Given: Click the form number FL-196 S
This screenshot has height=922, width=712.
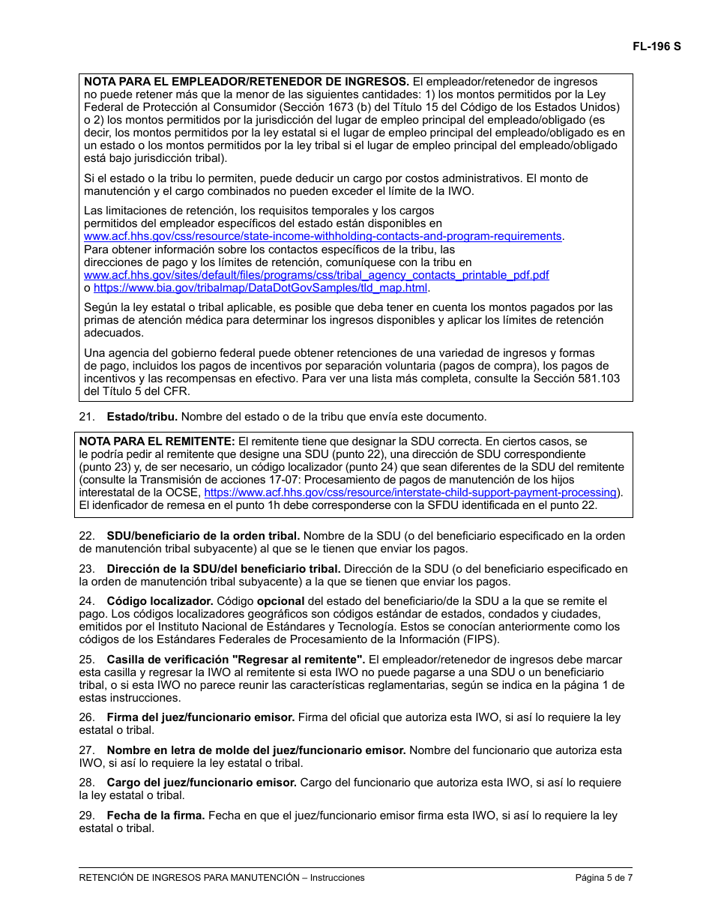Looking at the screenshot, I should [x=657, y=46].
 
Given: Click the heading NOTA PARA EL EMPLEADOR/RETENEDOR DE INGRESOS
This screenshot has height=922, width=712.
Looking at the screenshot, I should [x=247, y=82].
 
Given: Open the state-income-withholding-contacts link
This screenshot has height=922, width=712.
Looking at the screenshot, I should [x=322, y=236].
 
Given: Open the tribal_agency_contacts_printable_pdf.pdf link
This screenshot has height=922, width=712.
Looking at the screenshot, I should [x=316, y=275].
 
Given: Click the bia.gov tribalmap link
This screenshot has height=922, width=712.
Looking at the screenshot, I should [x=261, y=288].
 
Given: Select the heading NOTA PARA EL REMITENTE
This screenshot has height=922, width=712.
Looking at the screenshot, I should [x=157, y=442].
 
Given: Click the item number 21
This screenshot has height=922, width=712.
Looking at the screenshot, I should [x=86, y=417].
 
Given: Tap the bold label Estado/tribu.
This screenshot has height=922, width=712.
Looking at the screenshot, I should [x=142, y=417].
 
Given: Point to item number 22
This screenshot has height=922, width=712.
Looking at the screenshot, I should [x=86, y=536].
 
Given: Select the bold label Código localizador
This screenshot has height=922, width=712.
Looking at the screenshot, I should [x=160, y=601].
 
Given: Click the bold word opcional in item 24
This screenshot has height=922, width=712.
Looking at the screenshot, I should [x=280, y=601].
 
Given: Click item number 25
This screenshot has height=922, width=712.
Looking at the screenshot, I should [x=86, y=660].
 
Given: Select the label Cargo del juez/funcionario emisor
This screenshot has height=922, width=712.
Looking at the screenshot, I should [x=201, y=783].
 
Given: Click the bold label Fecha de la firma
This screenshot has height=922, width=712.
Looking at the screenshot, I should [x=155, y=816].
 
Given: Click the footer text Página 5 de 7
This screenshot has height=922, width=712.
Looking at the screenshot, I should [x=603, y=878].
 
